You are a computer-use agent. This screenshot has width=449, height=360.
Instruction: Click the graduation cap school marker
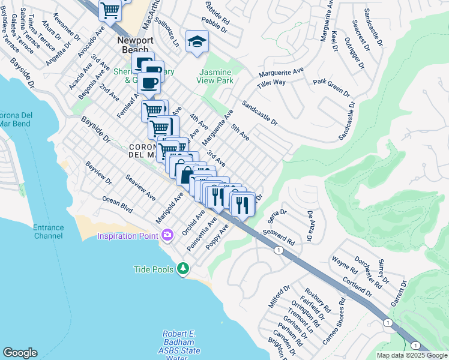pyautogui.click(x=196, y=42)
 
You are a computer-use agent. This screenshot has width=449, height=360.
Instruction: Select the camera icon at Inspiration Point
pyautogui.click(x=167, y=234)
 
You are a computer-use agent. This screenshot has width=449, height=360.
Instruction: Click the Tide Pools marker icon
pyautogui.click(x=182, y=269)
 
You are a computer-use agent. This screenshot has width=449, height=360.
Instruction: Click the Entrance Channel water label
pyautogui.click(x=48, y=232)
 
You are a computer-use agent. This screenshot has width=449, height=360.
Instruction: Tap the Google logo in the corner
pyautogui.click(x=20, y=353)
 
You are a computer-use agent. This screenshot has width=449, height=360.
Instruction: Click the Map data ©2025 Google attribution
pyautogui.click(x=412, y=355)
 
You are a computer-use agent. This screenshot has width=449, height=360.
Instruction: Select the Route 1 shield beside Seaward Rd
pyautogui.click(x=279, y=250)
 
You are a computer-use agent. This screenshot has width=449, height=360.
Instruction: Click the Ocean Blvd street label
pyautogui.click(x=116, y=204)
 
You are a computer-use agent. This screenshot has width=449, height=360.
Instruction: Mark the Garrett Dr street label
pyautogui.click(x=398, y=290)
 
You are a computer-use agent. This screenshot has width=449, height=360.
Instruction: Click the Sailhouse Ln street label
pyautogui.click(x=167, y=32)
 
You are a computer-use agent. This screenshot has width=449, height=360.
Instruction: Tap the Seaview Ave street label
pyautogui.click(x=140, y=188)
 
